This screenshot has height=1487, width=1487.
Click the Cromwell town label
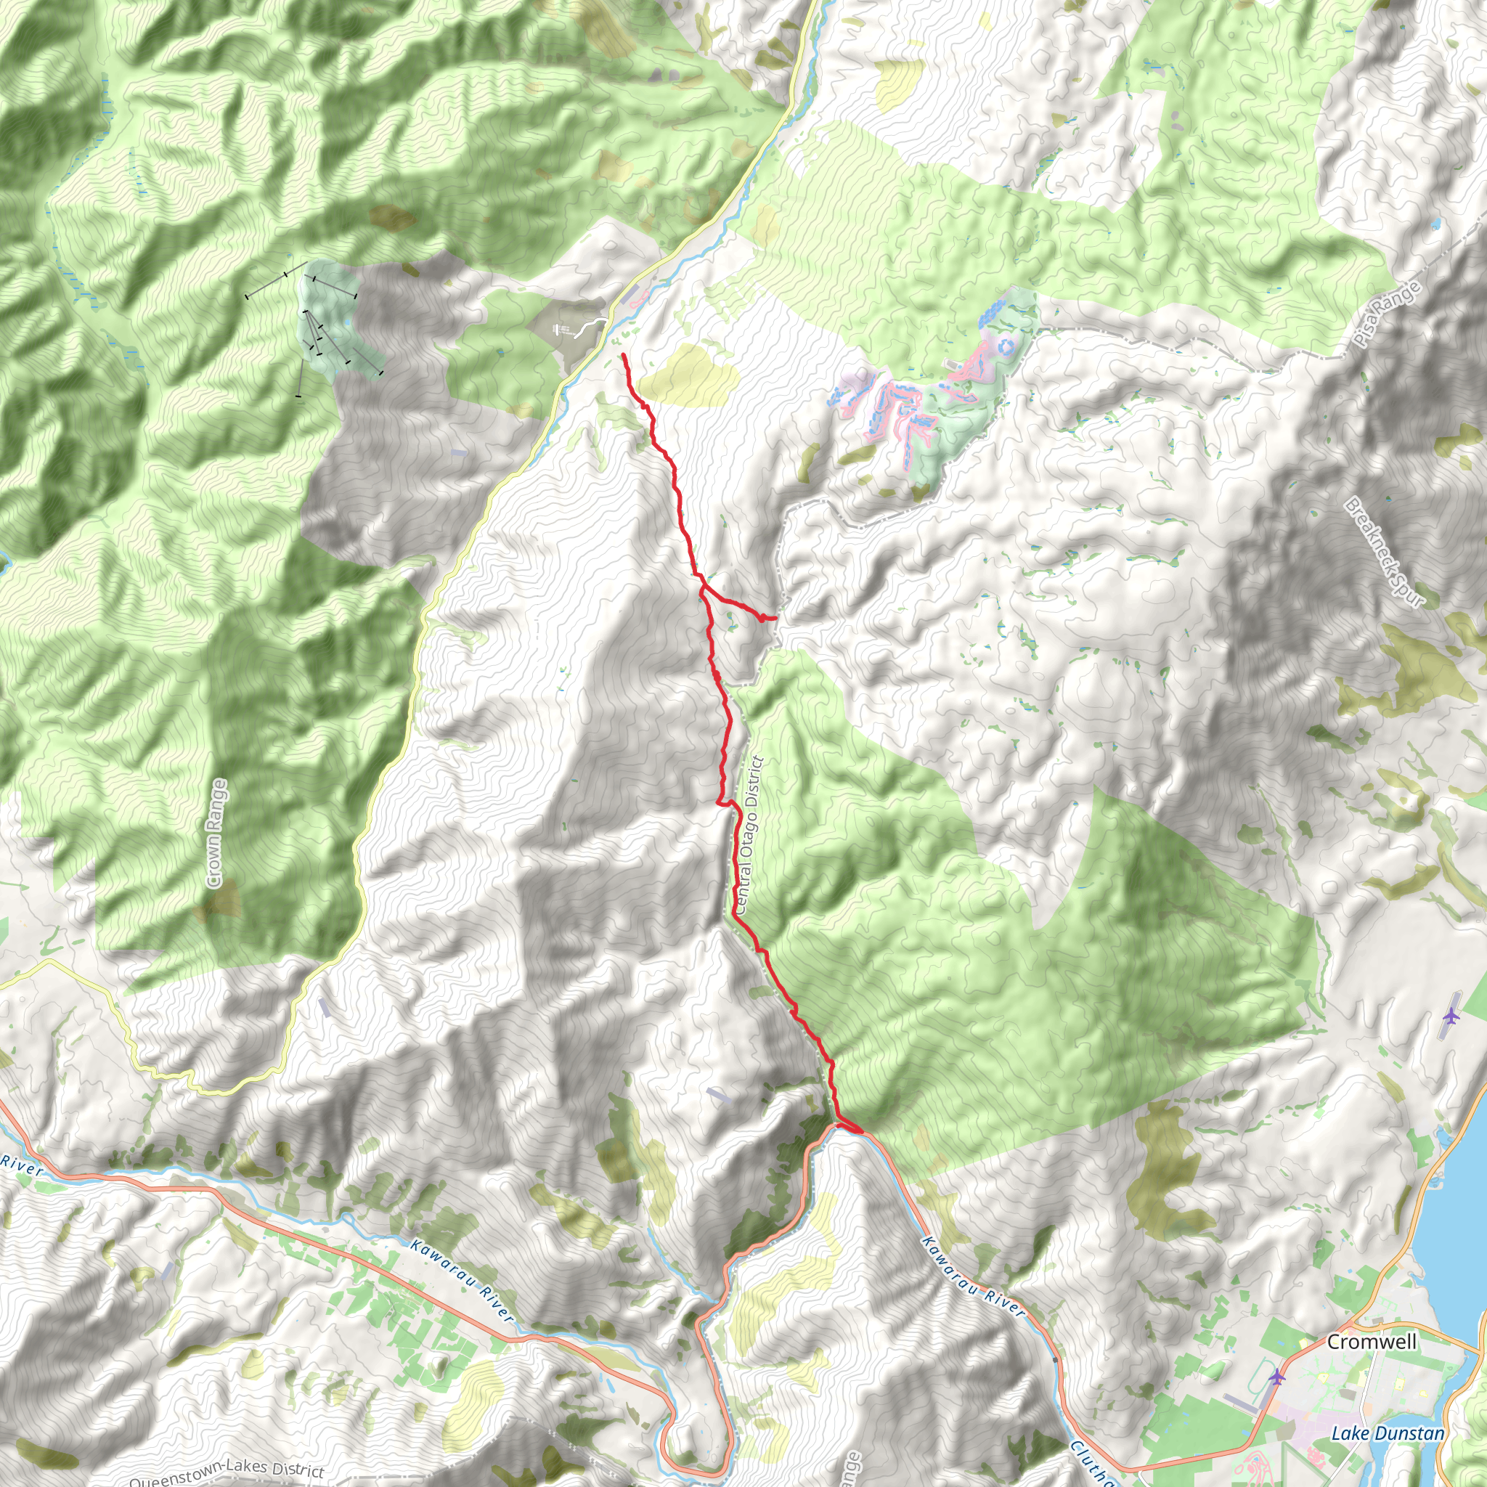[x=1372, y=1342]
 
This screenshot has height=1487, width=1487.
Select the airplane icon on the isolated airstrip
[x=1451, y=1017]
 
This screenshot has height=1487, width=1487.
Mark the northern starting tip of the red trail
[x=622, y=355]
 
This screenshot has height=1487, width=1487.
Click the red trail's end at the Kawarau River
[x=860, y=1132]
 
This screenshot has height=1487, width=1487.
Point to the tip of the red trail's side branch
[x=775, y=617]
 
